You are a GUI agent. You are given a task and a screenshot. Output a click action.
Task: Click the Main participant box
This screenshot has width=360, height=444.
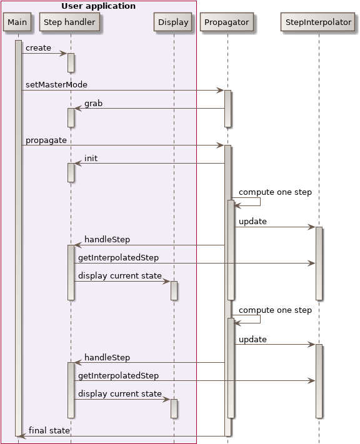pyautogui.click(x=17, y=22)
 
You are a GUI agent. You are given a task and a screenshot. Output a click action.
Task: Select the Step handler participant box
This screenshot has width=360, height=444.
pyautogui.click(x=70, y=22)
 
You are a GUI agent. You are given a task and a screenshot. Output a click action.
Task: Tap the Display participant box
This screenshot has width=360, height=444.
pyautogui.click(x=173, y=22)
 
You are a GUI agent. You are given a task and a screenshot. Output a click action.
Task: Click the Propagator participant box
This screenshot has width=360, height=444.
pyautogui.click(x=227, y=22)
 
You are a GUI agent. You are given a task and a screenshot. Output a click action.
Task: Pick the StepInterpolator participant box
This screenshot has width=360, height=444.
pyautogui.click(x=318, y=22)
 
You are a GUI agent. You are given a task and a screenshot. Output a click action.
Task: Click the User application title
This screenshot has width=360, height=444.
pyautogui.click(x=98, y=6)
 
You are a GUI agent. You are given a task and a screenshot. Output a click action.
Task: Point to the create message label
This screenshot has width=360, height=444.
pyautogui.click(x=38, y=48)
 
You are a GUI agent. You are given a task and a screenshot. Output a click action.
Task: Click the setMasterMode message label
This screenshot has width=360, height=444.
pyautogui.click(x=56, y=85)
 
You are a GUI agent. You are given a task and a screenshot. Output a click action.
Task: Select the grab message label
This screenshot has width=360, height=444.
pyautogui.click(x=93, y=103)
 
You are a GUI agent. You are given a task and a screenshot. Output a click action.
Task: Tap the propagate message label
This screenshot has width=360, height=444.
pyautogui.click(x=46, y=141)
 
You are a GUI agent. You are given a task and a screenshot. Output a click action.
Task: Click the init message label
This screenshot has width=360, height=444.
pyautogui.click(x=91, y=159)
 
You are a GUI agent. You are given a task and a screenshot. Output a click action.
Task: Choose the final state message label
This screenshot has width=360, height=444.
pyautogui.click(x=49, y=431)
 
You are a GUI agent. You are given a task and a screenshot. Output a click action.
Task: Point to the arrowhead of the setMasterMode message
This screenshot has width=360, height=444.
pyautogui.click(x=221, y=91)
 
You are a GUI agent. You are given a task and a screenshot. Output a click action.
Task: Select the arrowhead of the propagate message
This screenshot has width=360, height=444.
pyautogui.click(x=221, y=146)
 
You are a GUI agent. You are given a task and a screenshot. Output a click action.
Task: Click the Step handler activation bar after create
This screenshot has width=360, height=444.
pyautogui.click(x=71, y=62)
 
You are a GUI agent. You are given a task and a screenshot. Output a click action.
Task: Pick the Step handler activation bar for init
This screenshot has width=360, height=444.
pyautogui.click(x=71, y=172)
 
